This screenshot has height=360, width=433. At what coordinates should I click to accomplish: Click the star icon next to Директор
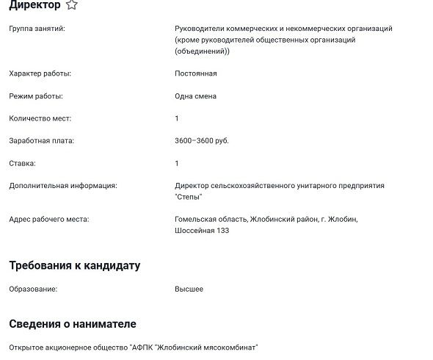[x=71, y=5]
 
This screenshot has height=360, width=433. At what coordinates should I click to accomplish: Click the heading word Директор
[x=34, y=5]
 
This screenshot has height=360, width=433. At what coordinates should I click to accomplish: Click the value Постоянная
[x=195, y=73]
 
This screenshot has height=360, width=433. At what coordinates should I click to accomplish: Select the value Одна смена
[x=195, y=96]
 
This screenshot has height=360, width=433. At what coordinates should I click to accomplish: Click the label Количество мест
[x=40, y=118]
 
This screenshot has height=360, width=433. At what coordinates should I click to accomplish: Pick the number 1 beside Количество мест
[x=177, y=118]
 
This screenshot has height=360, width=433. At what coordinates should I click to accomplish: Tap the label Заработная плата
[x=41, y=140]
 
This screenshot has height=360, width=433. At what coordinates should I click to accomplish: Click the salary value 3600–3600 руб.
[x=202, y=140]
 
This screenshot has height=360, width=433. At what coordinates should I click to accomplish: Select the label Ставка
[x=22, y=163]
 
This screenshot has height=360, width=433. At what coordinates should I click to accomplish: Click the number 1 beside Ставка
[x=177, y=163]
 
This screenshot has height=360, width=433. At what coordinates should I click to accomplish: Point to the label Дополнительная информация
[x=62, y=186]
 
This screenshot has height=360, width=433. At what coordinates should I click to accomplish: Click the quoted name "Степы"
[x=189, y=197]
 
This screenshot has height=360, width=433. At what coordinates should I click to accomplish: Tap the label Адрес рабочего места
[x=48, y=219]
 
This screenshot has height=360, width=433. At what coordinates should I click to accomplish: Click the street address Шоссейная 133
[x=202, y=231]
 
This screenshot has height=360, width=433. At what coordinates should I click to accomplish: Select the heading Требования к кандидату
[x=74, y=265]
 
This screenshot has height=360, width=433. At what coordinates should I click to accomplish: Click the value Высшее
[x=189, y=289]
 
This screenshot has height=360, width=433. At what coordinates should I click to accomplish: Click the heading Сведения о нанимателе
[x=73, y=323]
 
